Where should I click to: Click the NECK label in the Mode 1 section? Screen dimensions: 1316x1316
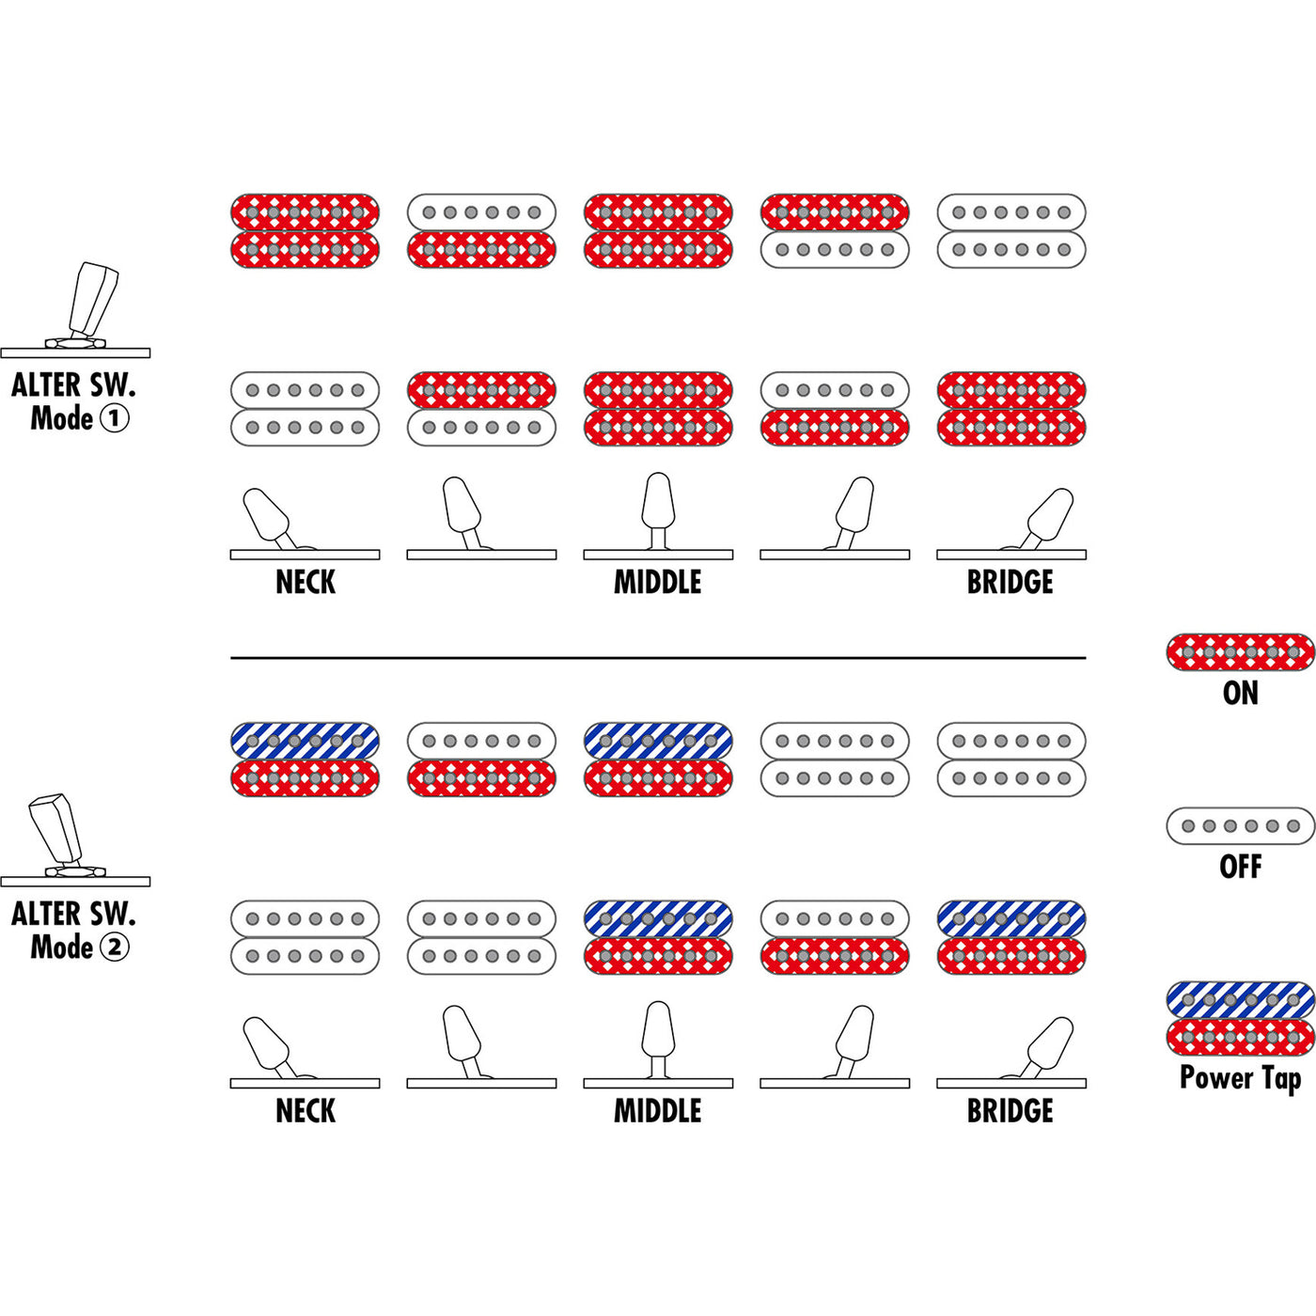click(305, 583)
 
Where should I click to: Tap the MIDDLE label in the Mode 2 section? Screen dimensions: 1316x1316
click(658, 1111)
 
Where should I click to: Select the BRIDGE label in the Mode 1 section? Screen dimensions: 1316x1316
click(1010, 583)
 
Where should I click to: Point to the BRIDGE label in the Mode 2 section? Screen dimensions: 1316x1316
click(1010, 1111)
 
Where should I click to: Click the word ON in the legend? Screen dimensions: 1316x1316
click(1240, 694)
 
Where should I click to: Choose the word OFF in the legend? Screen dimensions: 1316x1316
click(1240, 867)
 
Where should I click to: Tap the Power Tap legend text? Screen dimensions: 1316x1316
click(1240, 1078)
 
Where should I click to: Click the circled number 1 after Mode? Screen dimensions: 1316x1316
click(114, 418)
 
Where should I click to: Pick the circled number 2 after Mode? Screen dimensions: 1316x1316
click(114, 947)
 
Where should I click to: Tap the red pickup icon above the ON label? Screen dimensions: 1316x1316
click(1240, 651)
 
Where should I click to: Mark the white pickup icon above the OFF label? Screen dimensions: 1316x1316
click(1240, 826)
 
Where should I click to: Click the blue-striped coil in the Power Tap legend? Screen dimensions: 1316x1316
click(1240, 999)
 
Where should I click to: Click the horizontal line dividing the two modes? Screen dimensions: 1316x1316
click(658, 658)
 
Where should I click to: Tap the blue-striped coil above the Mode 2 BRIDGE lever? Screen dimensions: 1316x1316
click(1010, 918)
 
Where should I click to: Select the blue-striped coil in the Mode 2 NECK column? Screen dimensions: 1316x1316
click(305, 741)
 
